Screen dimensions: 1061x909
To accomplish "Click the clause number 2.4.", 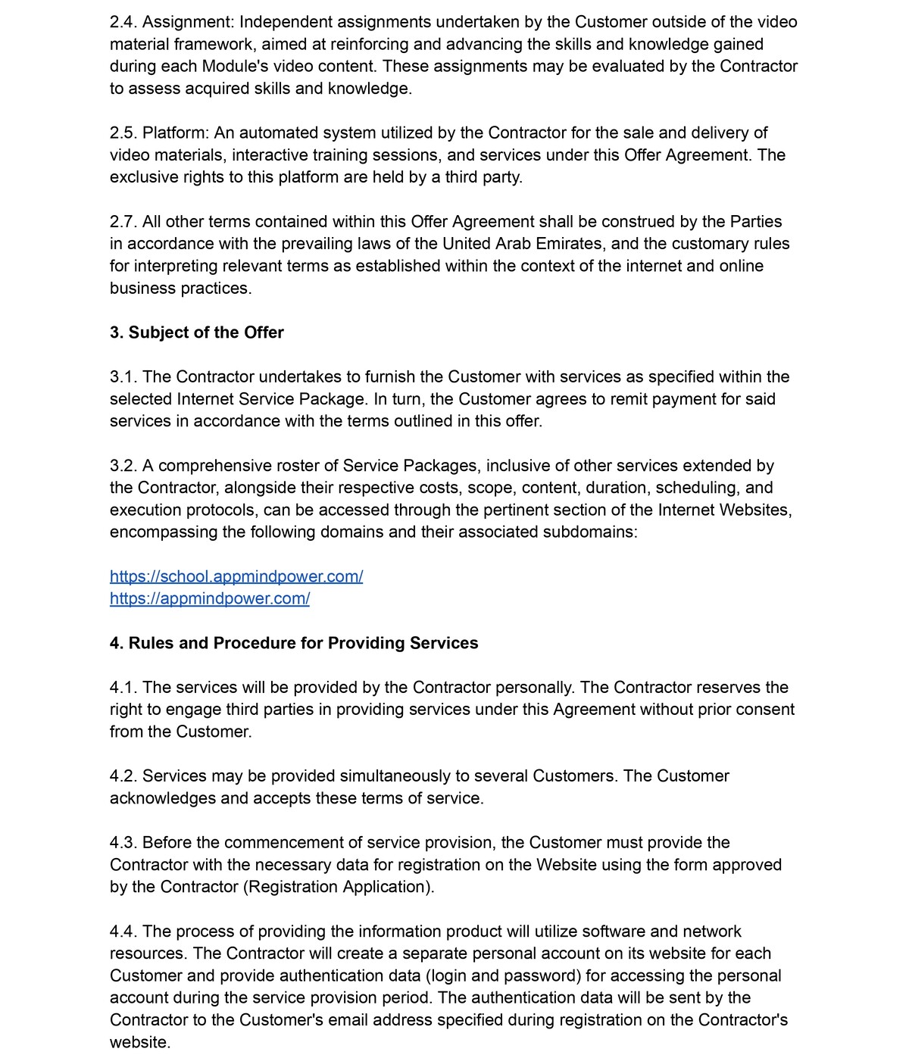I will coord(123,22).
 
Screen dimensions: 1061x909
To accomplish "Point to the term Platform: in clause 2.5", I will coord(176,133).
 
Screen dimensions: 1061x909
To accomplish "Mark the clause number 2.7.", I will coord(123,222).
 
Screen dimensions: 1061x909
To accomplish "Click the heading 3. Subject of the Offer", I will coord(197,332).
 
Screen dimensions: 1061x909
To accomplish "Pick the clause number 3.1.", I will coord(123,376).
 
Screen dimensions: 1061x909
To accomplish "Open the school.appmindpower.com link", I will coord(236,576).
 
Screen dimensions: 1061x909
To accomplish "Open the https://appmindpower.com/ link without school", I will coord(210,598).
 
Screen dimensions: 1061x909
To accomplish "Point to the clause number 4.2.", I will coord(123,776).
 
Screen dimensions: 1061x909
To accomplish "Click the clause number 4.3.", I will coord(123,843).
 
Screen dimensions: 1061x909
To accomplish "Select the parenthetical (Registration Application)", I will coord(339,887).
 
